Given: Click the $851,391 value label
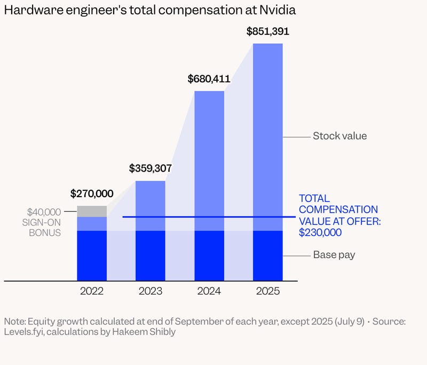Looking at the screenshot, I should tap(267, 31).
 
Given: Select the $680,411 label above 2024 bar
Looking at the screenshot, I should tap(209, 79).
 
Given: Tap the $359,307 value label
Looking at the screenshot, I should tap(151, 168).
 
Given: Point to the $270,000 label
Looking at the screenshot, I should tap(92, 193).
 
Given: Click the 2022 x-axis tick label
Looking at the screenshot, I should tap(92, 292).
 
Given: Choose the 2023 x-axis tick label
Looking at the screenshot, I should tap(151, 292).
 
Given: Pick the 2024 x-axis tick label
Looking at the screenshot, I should tap(209, 292).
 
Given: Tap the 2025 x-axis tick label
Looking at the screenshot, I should tap(267, 292).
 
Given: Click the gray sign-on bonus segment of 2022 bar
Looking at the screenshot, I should tap(92, 212).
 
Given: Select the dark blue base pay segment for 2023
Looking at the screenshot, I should tap(151, 255).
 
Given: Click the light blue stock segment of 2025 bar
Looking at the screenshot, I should tap(267, 134).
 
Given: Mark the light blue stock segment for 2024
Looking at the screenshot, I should tap(209, 160).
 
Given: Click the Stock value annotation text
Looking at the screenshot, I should tap(339, 136).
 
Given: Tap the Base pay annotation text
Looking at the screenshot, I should tap(334, 255).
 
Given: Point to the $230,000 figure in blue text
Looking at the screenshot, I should tap(320, 232).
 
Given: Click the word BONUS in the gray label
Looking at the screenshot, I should tap(45, 233).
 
